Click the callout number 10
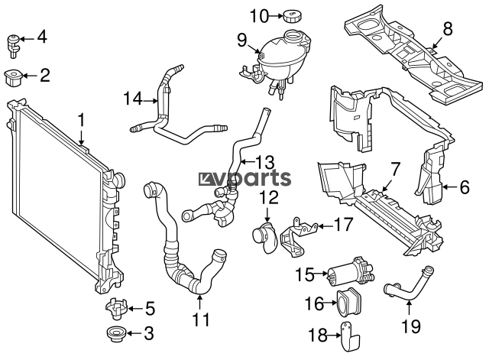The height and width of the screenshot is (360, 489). tap(260, 16)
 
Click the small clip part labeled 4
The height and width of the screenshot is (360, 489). tap(14, 46)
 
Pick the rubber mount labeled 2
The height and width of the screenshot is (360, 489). tap(12, 78)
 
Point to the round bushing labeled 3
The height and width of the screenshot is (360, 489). tap(117, 335)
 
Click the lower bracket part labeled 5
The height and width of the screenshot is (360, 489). tap(117, 309)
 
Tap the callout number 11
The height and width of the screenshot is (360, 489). tap(201, 319)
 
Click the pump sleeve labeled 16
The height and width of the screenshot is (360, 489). tap(348, 302)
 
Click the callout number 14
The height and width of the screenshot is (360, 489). tap(133, 99)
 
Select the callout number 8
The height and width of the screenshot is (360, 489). tap(447, 30)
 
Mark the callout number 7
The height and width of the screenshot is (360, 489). tap(395, 170)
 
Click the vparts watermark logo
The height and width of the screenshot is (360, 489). tap(244, 178)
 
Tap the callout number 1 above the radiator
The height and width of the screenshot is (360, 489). tap(81, 121)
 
